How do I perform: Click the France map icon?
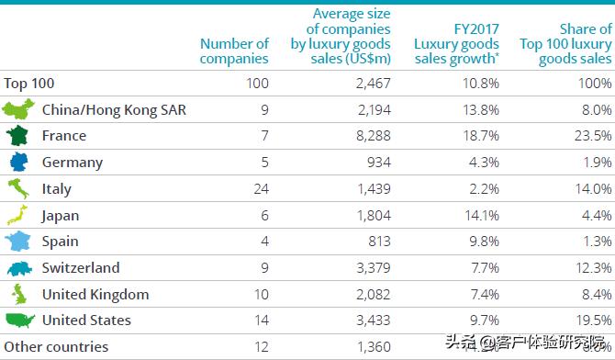click(x=17, y=136)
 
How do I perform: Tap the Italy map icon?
click(x=17, y=189)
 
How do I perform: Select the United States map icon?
click(x=19, y=321)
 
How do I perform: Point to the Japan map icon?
click(x=17, y=216)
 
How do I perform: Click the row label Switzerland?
click(x=81, y=268)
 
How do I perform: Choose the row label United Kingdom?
click(x=95, y=295)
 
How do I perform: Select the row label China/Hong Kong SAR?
click(x=114, y=109)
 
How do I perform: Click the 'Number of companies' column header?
click(x=234, y=51)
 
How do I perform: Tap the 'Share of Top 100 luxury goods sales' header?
click(x=565, y=43)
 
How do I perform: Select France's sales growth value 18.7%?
click(x=481, y=136)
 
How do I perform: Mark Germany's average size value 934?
click(x=376, y=163)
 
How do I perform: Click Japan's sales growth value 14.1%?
click(x=481, y=216)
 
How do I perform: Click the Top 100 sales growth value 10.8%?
click(x=481, y=83)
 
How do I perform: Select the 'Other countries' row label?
click(x=56, y=347)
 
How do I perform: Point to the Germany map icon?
click(x=17, y=163)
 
